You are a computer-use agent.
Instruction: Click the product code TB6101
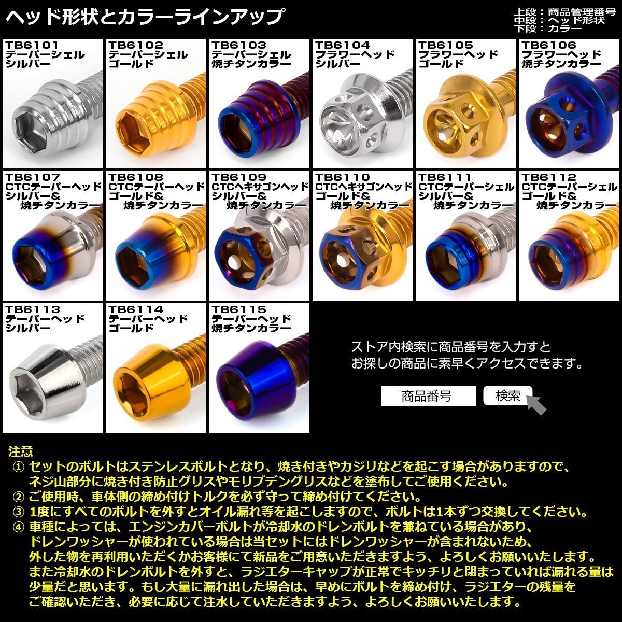coord(32,46)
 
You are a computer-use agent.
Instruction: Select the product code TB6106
coord(549,46)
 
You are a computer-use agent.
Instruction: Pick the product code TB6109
coord(239,178)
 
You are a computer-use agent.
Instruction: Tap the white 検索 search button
coord(507,396)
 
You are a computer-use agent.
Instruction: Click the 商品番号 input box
coord(428,397)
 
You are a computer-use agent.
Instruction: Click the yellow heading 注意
coord(21,453)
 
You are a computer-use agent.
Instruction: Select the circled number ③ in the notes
coord(19,512)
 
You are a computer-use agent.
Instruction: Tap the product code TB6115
coord(239,310)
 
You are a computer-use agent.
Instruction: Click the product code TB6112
coord(549,178)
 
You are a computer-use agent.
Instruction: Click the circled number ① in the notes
coord(19,467)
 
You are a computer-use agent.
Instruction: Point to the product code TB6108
coord(136,178)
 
